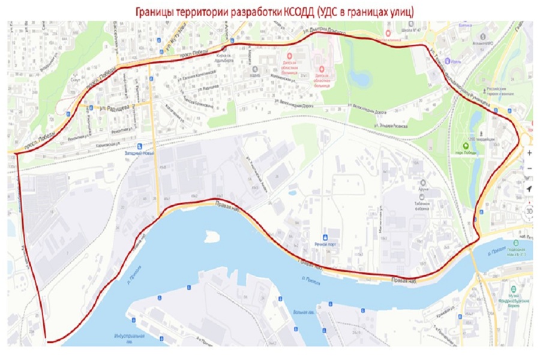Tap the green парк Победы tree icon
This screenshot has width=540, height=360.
(466, 146)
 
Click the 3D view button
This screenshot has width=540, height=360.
(529, 211)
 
